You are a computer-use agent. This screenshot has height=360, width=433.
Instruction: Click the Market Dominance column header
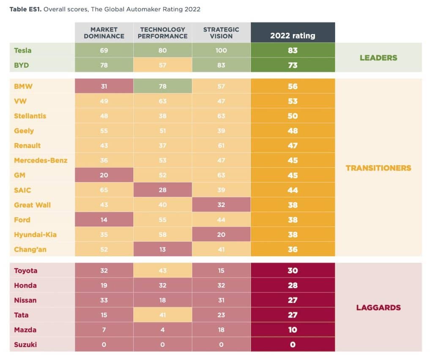click(104, 33)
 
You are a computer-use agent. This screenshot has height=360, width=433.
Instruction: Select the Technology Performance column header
click(163, 33)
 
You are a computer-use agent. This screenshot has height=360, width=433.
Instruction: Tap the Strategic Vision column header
click(221, 33)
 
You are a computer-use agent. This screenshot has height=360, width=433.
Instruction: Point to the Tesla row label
click(23, 51)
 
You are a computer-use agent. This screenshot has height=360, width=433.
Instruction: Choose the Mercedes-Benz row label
click(41, 160)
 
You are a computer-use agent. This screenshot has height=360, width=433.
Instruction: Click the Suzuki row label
click(25, 344)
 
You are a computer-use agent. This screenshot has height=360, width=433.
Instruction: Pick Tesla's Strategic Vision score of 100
click(221, 51)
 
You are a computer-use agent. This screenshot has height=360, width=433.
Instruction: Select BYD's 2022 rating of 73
click(293, 65)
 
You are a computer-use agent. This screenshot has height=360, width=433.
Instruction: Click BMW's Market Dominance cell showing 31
click(104, 86)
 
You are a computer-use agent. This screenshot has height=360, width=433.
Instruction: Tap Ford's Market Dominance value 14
click(104, 220)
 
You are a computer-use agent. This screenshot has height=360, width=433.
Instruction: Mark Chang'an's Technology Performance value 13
click(163, 250)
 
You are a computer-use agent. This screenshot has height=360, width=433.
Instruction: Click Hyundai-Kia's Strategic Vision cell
click(221, 234)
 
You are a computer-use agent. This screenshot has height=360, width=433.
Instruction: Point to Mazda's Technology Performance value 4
click(163, 330)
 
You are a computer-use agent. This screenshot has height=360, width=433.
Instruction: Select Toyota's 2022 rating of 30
click(293, 270)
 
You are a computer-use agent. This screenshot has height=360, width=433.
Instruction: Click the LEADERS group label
click(378, 58)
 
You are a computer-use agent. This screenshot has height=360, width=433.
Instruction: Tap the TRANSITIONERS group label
click(378, 168)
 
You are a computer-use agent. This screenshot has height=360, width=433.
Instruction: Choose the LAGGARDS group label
click(378, 308)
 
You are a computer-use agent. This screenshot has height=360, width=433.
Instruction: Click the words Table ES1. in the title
click(25, 9)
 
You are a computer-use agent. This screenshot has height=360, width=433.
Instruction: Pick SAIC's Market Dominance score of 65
click(104, 190)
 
